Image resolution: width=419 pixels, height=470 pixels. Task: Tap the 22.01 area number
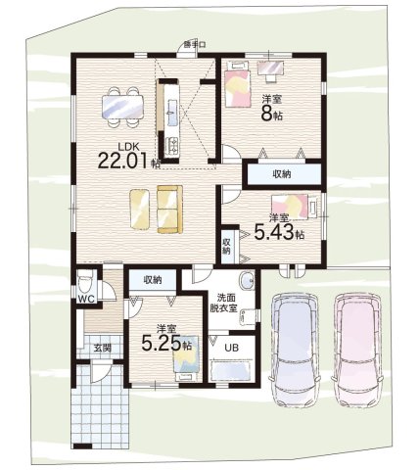pos(124,161)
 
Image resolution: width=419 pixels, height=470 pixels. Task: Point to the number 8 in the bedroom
pos(266,114)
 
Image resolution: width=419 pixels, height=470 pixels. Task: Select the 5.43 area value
pos(274,232)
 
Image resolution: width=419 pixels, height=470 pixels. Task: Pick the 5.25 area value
pos(162,343)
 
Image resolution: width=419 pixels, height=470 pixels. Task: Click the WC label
pos(86,299)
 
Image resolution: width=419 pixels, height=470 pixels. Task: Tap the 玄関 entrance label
pos(103,348)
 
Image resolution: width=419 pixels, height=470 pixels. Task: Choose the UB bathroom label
pos(231,348)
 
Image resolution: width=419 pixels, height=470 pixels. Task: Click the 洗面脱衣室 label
pos(223,304)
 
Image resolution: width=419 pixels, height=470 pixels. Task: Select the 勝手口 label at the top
pos(195,45)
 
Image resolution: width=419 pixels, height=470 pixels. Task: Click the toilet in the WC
pos(85,283)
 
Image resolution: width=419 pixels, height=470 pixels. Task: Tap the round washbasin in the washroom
pos(247,281)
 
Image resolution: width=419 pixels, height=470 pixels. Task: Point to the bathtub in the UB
pos(231,371)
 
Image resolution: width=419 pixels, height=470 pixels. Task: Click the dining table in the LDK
pos(122,107)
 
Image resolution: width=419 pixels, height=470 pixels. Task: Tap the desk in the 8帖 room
pos(270,68)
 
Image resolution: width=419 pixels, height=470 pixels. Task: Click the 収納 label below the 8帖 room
pos(282,174)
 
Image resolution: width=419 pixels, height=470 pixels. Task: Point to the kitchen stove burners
pos(172,146)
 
